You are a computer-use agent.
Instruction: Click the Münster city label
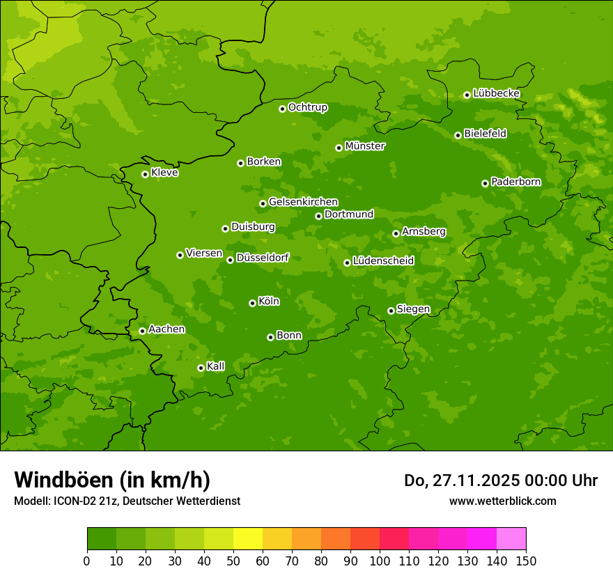point(364,146)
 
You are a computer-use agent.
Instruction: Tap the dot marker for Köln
point(252,303)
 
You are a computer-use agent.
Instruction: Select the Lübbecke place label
point(496,93)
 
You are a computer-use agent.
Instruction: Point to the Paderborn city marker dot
point(485,183)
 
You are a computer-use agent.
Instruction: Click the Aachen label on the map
point(166,329)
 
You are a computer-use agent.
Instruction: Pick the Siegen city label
point(413,309)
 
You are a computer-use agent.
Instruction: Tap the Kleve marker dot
point(145,174)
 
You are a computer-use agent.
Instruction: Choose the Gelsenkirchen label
point(303,202)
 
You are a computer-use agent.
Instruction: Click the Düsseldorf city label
point(263,258)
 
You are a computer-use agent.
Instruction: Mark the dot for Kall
point(201,368)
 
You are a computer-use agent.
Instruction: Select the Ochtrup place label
point(307,107)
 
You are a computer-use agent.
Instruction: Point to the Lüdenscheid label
point(383,261)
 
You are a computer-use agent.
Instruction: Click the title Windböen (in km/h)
point(112,480)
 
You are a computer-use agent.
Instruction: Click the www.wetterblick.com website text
point(502,501)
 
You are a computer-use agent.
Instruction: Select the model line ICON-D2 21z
point(127,501)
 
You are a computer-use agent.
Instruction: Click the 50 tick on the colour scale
point(233,561)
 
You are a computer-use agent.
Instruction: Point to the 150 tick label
point(526,561)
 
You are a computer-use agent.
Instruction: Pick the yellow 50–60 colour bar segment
point(248,539)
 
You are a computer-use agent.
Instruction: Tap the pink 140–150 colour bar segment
point(511,539)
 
